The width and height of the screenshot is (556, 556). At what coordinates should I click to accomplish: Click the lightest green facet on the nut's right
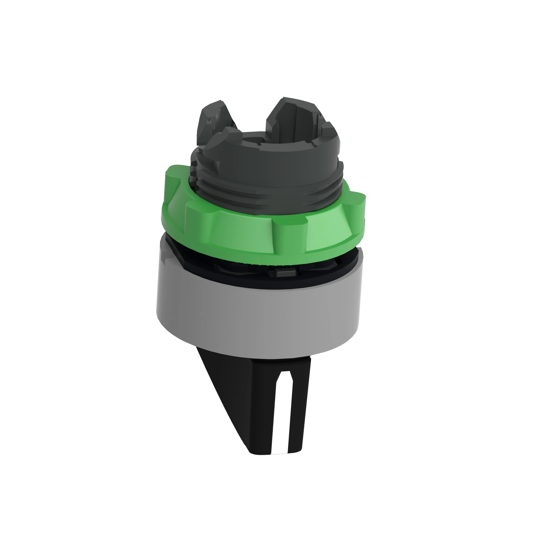(325, 233)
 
